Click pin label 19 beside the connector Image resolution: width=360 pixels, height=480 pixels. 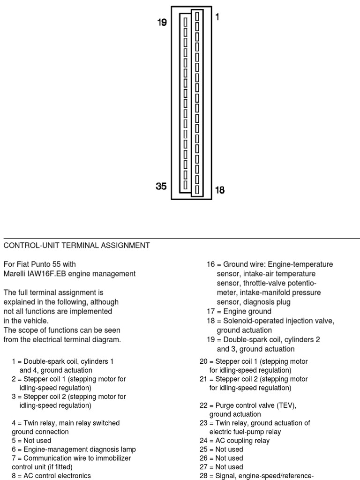pos(162,22)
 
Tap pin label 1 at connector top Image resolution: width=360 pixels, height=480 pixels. pos(217,17)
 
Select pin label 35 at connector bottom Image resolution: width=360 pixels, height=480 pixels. pos(161,186)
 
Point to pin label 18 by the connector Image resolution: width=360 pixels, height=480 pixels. pos(219,190)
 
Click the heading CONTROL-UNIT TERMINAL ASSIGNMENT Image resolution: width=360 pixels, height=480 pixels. pos(77,245)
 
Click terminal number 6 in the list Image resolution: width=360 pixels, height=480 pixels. pos(14,450)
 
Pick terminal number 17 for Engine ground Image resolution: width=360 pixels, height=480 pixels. pos(210,311)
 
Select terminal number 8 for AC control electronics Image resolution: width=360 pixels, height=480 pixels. pos(14,476)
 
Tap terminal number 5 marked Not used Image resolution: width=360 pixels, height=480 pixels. pos(14,441)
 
